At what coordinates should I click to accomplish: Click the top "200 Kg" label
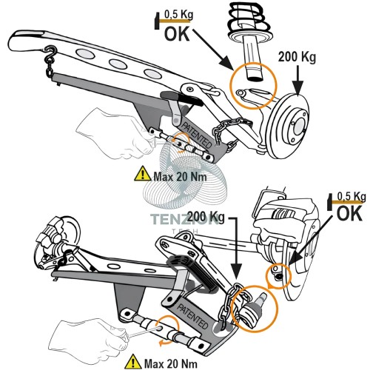[297, 57]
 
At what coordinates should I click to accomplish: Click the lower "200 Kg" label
[206, 217]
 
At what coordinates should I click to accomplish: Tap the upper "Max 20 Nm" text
[180, 177]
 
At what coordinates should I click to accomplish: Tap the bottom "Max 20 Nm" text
[171, 363]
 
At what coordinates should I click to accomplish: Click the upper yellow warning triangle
[142, 174]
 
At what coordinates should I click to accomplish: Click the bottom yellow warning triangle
[133, 361]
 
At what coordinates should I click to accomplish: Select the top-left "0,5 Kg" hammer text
[178, 15]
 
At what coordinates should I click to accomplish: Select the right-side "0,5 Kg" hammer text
[351, 196]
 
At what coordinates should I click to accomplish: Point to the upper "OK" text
[177, 33]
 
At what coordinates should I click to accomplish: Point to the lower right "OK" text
[349, 214]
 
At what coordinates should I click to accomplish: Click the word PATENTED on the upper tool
[197, 135]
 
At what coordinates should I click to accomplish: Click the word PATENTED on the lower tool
[193, 317]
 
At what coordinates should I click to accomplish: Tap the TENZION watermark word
[184, 219]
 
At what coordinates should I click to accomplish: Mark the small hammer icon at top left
[157, 21]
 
